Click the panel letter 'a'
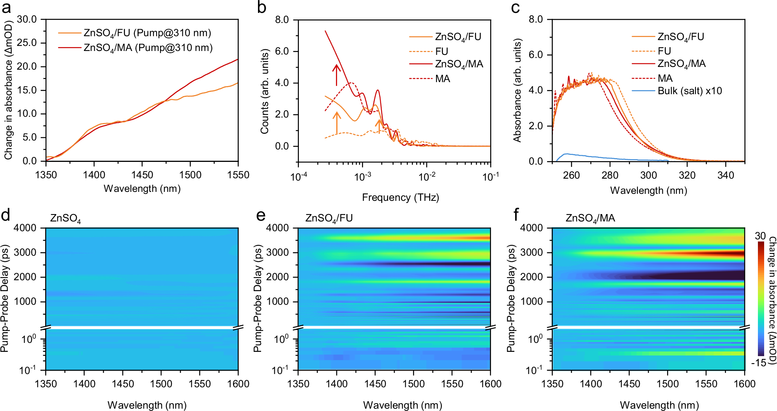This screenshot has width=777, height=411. (6, 8)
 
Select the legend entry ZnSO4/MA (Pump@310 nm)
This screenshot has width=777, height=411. (148, 48)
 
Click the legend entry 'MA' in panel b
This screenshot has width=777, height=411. (443, 79)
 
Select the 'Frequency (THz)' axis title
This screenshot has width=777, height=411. (400, 197)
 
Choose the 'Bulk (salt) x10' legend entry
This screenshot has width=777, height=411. (689, 91)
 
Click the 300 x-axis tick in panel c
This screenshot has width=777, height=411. (648, 175)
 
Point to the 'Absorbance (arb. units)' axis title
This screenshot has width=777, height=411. (517, 90)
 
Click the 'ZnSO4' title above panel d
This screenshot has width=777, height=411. (65, 218)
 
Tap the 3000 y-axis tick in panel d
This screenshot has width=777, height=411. (25, 252)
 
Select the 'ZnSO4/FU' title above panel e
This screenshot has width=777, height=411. (329, 218)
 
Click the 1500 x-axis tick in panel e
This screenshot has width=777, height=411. (413, 384)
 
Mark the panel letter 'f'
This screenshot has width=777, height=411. (516, 214)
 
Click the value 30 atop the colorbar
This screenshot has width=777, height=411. (760, 236)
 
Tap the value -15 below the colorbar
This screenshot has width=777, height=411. (758, 363)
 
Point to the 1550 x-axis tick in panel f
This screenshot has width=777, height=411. (706, 384)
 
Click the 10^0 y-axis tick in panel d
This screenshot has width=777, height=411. (29, 339)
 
